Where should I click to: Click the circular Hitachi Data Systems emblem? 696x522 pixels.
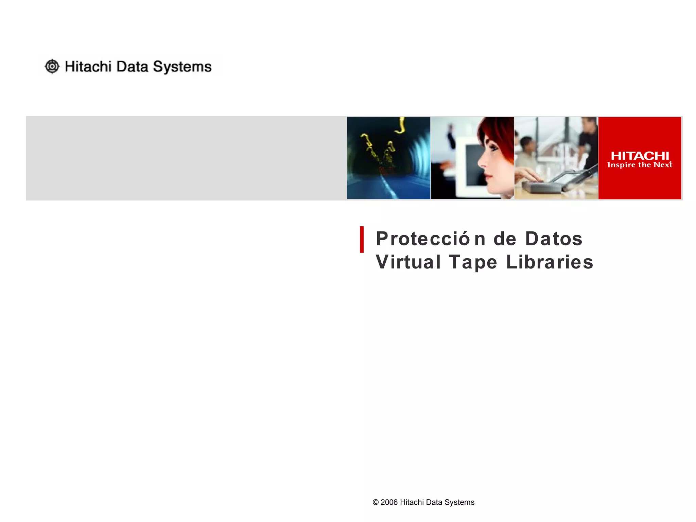click(52, 66)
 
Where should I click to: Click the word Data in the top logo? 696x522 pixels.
click(132, 67)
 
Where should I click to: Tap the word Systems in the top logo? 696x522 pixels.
click(182, 67)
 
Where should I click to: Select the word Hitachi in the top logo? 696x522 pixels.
click(88, 67)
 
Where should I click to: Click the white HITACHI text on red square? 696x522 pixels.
click(640, 156)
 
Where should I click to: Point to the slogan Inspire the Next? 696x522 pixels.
click(640, 165)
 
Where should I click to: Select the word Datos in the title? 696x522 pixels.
click(554, 239)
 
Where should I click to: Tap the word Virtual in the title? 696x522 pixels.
click(408, 262)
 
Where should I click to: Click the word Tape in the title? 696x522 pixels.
click(473, 263)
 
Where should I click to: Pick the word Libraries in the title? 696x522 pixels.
click(550, 262)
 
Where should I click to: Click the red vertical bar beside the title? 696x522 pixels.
click(362, 240)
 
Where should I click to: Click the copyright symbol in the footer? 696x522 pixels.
click(376, 502)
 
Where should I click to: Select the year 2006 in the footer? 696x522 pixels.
click(389, 502)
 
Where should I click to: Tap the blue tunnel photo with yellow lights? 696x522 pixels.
click(388, 158)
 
